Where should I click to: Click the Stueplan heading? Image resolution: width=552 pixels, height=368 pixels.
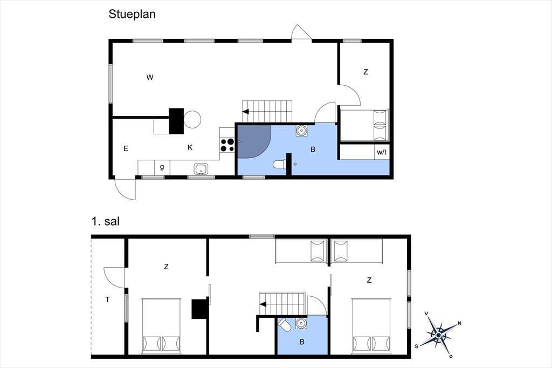pyautogui.click(x=132, y=14)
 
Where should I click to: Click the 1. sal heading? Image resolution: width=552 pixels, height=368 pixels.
pyautogui.click(x=106, y=221)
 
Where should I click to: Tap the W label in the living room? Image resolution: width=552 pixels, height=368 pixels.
pyautogui.click(x=150, y=77)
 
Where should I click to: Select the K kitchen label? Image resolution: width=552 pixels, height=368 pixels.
pyautogui.click(x=190, y=147)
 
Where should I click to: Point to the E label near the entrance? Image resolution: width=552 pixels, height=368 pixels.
pyautogui.click(x=126, y=149)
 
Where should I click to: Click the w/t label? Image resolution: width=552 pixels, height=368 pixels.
pyautogui.click(x=382, y=152)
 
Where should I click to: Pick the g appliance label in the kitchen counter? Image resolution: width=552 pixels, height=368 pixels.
pyautogui.click(x=162, y=167)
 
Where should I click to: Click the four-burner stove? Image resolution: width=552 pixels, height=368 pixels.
pyautogui.click(x=227, y=145)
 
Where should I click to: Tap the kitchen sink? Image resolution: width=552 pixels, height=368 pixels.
pyautogui.click(x=201, y=169)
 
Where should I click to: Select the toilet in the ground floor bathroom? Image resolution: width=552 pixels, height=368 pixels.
pyautogui.click(x=280, y=164)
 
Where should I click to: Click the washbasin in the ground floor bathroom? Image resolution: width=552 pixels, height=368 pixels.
pyautogui.click(x=301, y=131)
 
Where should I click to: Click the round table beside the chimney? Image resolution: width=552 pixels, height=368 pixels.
pyautogui.click(x=192, y=119)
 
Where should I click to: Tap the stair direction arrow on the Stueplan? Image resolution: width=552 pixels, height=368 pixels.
pyautogui.click(x=245, y=112)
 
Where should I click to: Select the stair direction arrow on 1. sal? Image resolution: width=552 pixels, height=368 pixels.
pyautogui.click(x=263, y=304)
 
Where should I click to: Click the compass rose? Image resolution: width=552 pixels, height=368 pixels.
pyautogui.click(x=439, y=334)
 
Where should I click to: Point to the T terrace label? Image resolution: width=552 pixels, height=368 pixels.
pyautogui.click(x=108, y=299)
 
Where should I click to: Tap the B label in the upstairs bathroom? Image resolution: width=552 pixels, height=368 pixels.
pyautogui.click(x=302, y=342)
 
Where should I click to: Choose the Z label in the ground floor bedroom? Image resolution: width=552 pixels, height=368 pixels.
pyautogui.click(x=366, y=72)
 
